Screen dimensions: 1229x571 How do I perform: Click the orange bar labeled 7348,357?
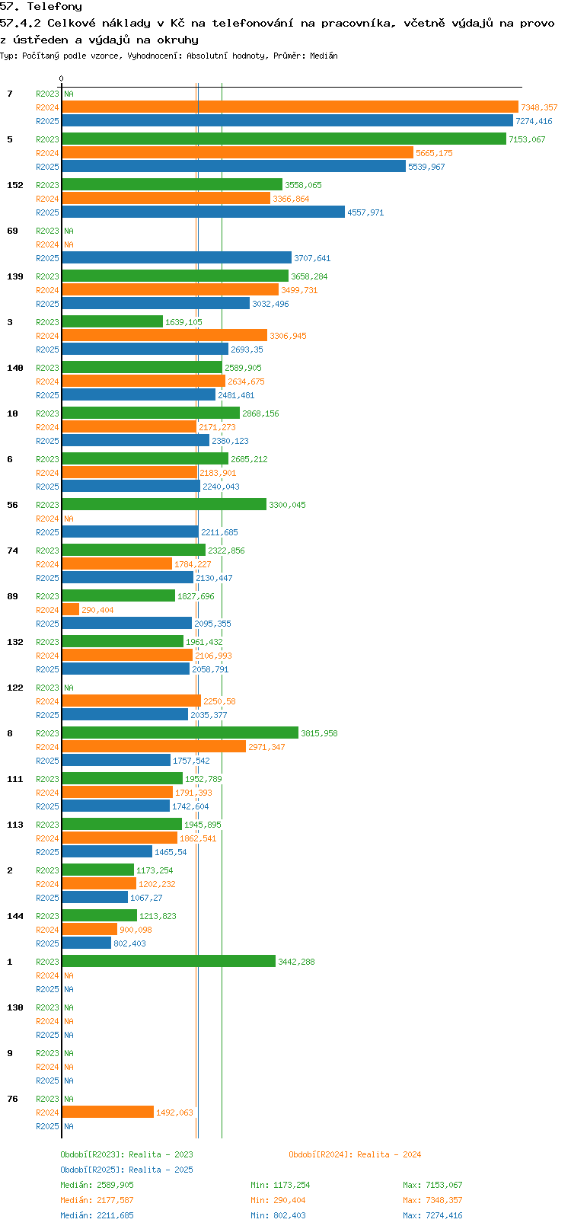pos(289,107)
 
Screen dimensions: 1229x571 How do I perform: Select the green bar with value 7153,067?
pos(283,139)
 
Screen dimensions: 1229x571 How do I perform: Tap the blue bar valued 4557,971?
pos(203,212)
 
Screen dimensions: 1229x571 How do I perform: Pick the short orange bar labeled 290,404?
pos(70,609)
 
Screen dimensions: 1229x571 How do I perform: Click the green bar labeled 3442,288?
pos(168,961)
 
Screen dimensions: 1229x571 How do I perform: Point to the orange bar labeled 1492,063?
pos(107,1112)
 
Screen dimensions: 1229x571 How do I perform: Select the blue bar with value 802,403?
pos(86,943)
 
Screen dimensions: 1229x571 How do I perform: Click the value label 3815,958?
pos(319,733)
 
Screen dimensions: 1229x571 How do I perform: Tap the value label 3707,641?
pos(312,258)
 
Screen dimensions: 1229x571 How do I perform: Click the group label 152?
pos(15,185)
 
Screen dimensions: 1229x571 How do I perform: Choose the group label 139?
pos(15,276)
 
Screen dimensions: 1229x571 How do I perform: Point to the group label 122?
pos(15,688)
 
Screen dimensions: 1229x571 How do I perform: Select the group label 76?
pos(13,1099)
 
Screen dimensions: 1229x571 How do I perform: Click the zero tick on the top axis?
pos(62,78)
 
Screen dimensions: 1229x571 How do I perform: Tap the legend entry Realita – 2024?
pos(355,1154)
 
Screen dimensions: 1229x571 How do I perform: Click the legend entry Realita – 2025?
pos(127,1170)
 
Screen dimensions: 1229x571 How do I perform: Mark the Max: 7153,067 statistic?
pos(432,1185)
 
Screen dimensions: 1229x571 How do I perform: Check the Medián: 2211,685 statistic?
pos(97,1215)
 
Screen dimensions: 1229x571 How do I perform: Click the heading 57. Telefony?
pos(41,7)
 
